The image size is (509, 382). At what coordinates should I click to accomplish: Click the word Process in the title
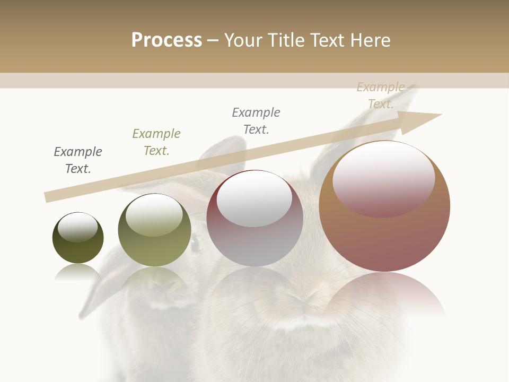point(166,40)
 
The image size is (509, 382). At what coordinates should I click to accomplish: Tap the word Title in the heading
point(285,40)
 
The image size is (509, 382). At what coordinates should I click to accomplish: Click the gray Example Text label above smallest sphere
point(78,160)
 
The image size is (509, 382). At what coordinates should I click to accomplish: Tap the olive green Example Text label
point(156,142)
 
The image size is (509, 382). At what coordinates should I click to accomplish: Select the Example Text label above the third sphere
point(256,121)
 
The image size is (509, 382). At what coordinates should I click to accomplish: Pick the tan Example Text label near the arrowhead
point(381,95)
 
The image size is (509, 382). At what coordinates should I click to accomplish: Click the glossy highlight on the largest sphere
point(384,178)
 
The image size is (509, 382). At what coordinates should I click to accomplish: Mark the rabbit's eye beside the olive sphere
point(195,244)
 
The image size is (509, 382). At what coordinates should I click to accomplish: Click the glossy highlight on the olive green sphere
point(154,215)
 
